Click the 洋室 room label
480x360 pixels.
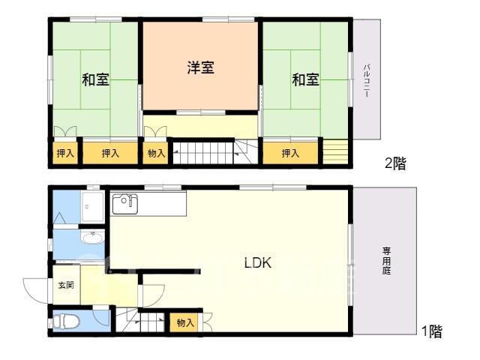201,67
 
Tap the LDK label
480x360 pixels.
258,262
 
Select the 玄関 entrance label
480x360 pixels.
66,285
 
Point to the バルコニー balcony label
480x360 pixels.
366,80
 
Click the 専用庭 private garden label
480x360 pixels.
386,261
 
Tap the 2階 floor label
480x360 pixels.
395,163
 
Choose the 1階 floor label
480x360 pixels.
432,331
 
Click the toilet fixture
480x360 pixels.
66,322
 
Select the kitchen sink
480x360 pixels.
125,204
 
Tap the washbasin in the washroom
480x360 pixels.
92,238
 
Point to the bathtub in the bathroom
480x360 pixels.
93,207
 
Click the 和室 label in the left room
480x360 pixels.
95,79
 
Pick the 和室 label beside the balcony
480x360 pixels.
305,79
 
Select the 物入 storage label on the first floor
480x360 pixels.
185,322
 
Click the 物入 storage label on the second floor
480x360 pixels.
156,153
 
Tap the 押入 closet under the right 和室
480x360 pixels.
290,153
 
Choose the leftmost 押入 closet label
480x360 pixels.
65,153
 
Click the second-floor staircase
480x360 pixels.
214,152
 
